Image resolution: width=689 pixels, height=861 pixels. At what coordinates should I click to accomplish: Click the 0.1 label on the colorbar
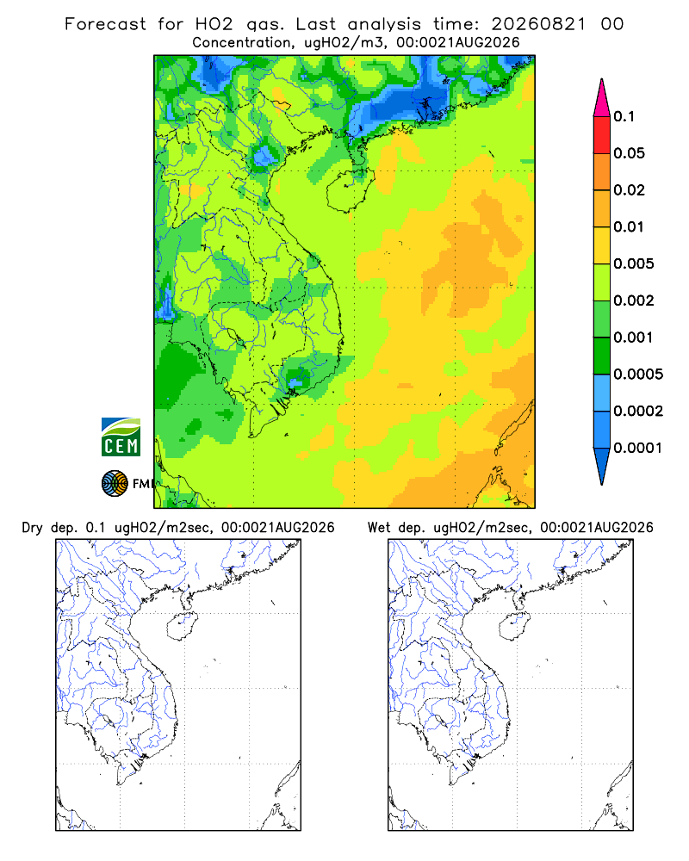pos(624,116)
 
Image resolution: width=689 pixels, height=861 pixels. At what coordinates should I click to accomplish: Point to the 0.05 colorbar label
pos(629,153)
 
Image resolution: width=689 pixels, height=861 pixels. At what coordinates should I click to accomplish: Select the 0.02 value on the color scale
pos(629,190)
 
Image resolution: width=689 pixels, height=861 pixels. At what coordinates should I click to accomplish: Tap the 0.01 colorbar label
pos(629,226)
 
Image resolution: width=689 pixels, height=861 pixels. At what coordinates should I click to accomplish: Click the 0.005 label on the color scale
pos(634,263)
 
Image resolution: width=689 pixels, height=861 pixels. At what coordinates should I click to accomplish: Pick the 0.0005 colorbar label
pos(638,374)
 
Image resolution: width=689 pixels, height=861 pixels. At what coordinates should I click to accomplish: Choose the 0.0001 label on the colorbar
pos(638,448)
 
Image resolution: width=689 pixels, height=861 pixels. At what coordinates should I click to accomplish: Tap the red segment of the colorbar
pos(602,135)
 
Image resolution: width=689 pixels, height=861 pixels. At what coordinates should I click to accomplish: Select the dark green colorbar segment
pos(602,356)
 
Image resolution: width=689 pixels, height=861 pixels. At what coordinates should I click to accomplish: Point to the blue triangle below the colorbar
pos(602,464)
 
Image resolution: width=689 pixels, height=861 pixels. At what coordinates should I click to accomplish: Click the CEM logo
pos(121,437)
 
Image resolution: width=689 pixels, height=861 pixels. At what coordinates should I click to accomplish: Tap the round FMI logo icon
pos(115,484)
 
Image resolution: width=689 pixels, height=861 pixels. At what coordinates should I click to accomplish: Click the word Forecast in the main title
pos(105,24)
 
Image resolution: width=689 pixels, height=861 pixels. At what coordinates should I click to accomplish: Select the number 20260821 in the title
pos(538,24)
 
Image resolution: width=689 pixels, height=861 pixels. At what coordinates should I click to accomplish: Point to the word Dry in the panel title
pos(32,528)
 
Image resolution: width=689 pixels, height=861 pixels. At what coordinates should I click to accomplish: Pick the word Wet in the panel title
pos(378,528)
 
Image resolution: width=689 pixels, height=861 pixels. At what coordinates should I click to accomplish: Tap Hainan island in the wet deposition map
pos(515,626)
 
